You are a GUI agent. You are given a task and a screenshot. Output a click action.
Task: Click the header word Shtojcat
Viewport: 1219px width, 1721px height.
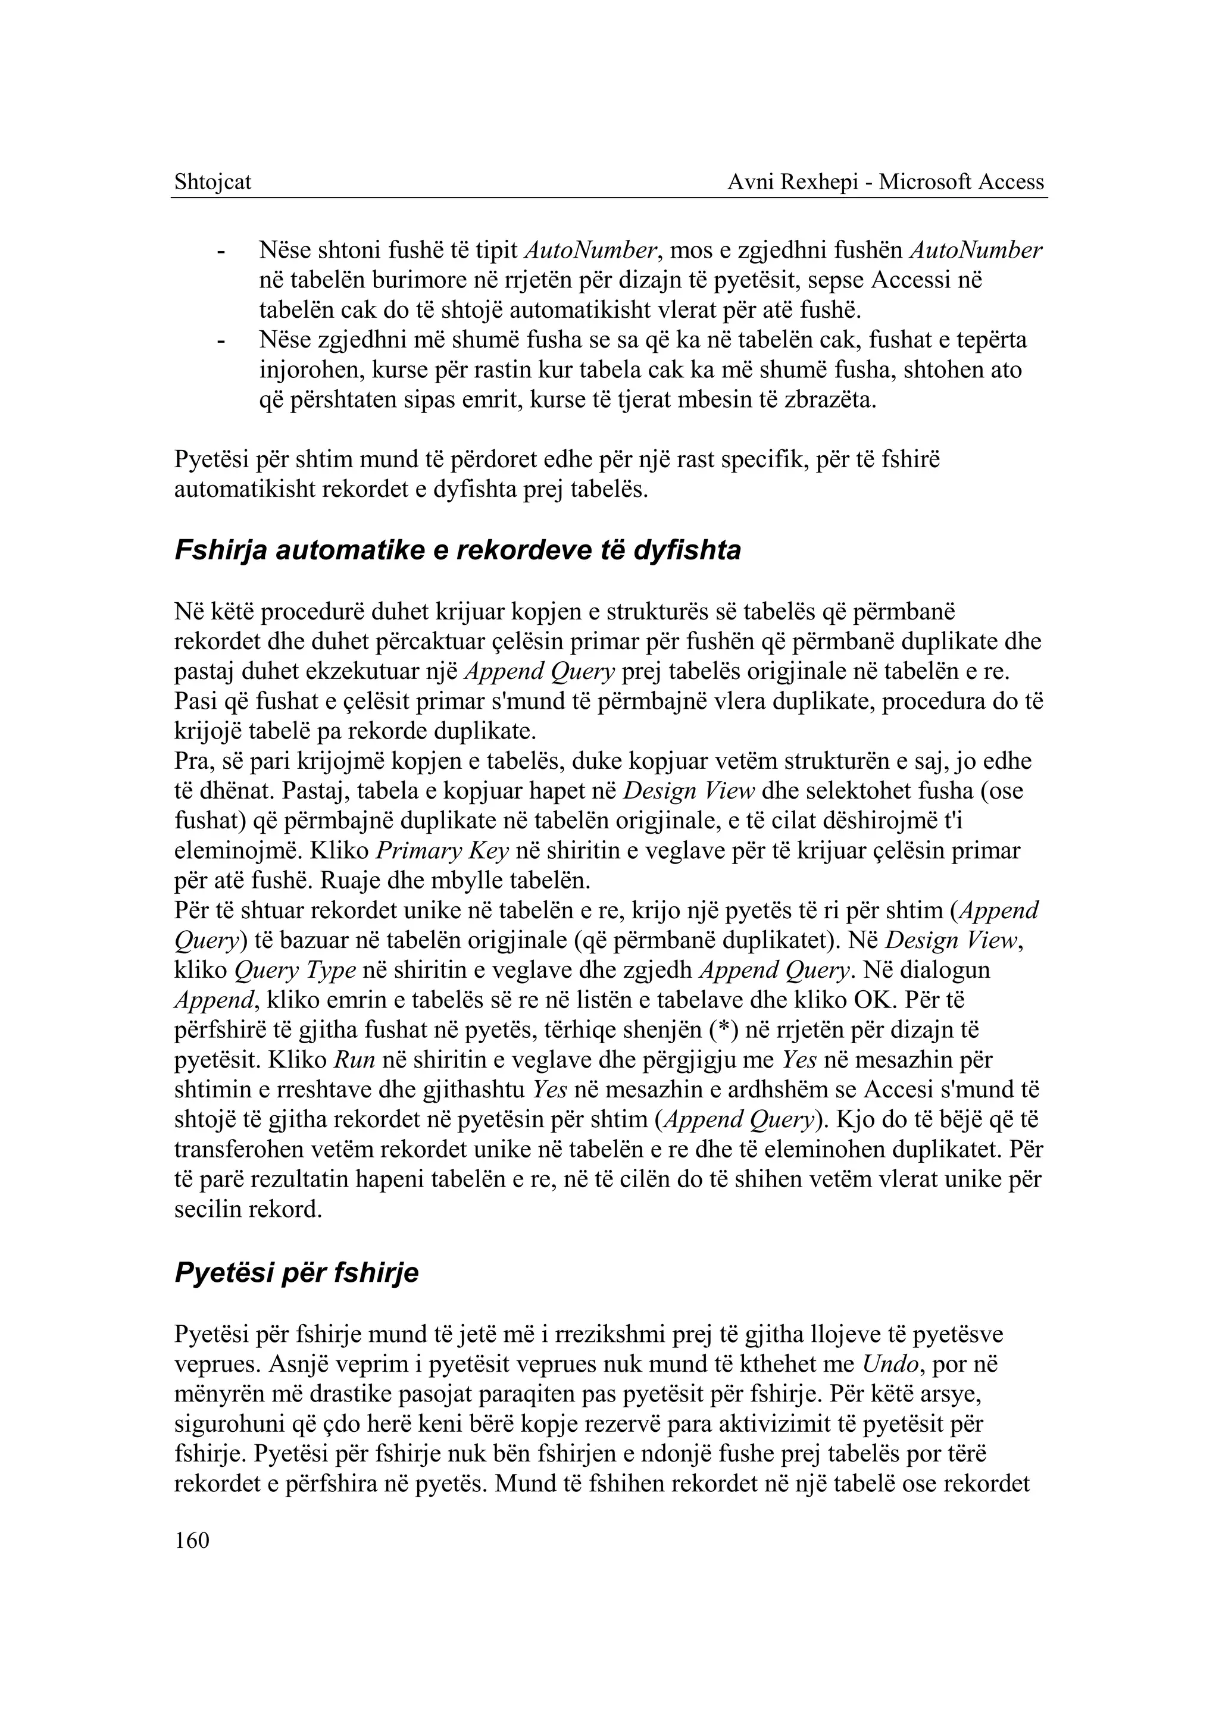(212, 182)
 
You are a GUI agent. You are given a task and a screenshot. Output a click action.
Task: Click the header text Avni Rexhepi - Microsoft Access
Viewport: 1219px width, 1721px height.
(886, 182)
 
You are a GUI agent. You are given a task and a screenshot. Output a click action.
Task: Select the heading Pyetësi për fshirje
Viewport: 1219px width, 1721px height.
(296, 1273)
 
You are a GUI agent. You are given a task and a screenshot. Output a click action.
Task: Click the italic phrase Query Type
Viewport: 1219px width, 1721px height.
(295, 971)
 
